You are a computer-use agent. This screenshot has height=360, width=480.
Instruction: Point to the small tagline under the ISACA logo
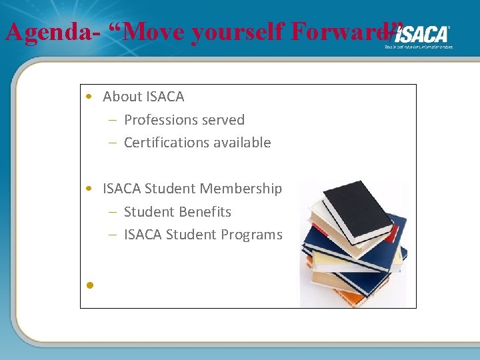[x=419, y=47]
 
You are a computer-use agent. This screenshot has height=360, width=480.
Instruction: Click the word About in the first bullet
[x=122, y=97]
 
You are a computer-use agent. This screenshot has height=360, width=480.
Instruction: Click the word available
[x=245, y=143]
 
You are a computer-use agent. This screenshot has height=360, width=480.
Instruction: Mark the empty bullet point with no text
[x=89, y=285]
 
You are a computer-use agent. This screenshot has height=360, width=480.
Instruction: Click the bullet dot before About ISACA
[x=89, y=97]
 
